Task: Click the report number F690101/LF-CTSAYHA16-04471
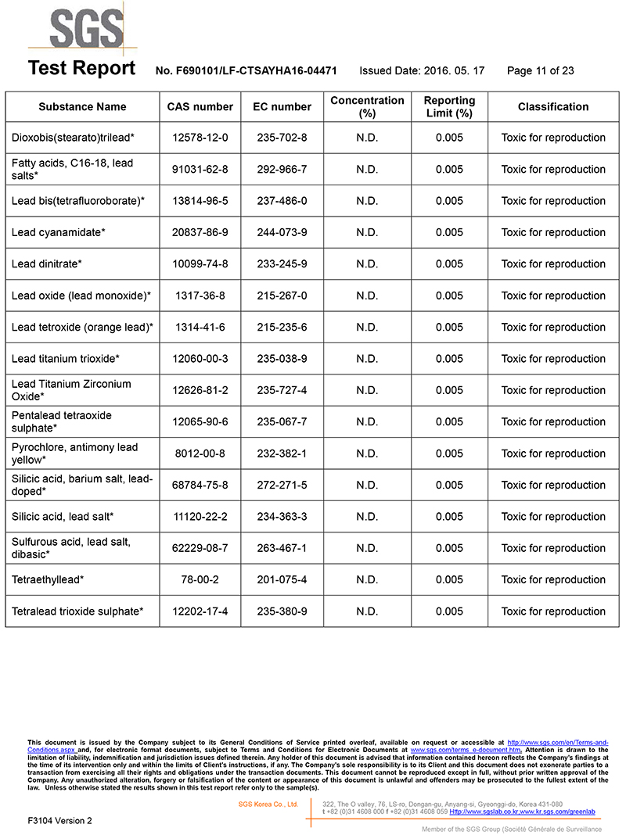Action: point(246,70)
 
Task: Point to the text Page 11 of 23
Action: point(541,70)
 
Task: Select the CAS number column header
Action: point(200,106)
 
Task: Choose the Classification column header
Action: point(553,106)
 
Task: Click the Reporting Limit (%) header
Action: point(449,106)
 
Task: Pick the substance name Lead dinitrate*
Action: point(47,264)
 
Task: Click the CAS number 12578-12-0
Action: point(200,138)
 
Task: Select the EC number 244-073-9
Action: point(282,232)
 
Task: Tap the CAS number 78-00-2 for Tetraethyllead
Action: point(200,580)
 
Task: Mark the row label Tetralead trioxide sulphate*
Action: point(77,611)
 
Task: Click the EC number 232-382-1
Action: point(282,453)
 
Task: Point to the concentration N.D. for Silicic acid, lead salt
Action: point(367,517)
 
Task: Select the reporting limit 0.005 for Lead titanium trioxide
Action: point(449,359)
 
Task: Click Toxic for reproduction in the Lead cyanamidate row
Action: point(553,232)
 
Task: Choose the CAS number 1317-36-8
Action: point(200,296)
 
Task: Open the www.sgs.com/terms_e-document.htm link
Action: point(466,750)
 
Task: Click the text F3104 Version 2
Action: point(59,820)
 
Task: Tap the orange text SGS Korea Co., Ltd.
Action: point(268,804)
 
